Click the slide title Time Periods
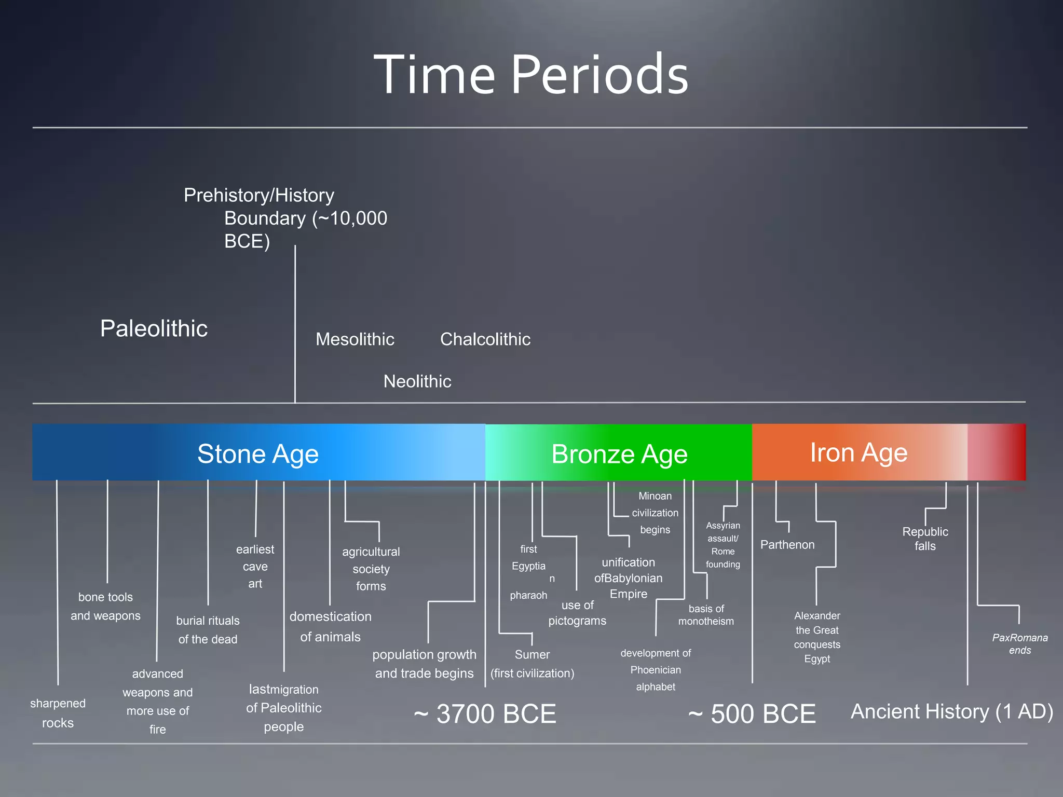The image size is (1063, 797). (x=530, y=75)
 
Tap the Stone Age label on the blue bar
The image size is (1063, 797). (x=258, y=454)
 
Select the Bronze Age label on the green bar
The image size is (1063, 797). (x=619, y=455)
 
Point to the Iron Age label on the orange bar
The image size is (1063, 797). (x=858, y=453)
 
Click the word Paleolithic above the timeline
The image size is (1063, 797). (x=154, y=328)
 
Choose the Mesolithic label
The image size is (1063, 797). (x=355, y=339)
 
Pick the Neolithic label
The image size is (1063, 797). (x=417, y=381)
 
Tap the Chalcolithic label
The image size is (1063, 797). (x=485, y=339)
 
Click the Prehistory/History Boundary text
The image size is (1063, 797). (x=285, y=218)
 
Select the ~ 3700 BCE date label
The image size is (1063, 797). (x=485, y=714)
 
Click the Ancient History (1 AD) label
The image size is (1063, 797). (x=951, y=711)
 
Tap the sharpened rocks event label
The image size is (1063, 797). (x=58, y=713)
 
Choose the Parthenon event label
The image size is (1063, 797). (x=787, y=545)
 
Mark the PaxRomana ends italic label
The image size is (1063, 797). (x=1020, y=644)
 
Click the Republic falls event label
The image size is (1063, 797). (x=925, y=539)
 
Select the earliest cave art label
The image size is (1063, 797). (x=255, y=566)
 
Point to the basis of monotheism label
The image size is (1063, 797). (x=706, y=615)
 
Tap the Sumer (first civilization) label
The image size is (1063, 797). (x=532, y=664)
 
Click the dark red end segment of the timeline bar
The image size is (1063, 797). (x=1012, y=452)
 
